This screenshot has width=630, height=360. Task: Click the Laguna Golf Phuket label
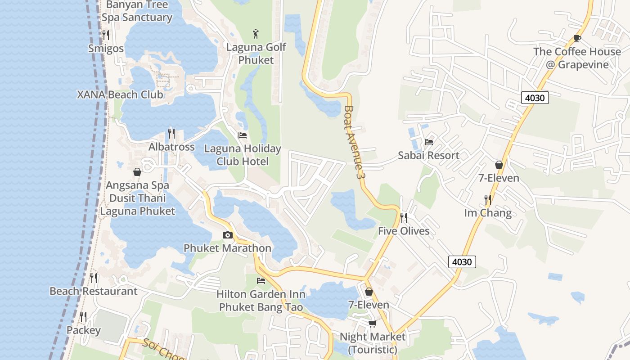256,53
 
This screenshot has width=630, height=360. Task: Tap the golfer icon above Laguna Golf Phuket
256,33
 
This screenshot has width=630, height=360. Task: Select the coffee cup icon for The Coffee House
577,38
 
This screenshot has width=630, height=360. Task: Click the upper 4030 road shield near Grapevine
535,97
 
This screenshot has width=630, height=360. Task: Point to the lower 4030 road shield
462,261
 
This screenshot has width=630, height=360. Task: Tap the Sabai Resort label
428,155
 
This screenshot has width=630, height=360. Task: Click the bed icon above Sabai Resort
428,142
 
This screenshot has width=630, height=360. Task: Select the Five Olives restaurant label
404,231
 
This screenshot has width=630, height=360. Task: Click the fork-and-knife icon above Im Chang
488,199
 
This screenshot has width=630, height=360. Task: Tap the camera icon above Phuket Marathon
227,235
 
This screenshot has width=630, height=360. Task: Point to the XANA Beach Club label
120,94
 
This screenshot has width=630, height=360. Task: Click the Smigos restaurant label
106,48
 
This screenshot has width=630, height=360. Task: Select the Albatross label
171,147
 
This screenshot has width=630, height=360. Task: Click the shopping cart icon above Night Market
372,324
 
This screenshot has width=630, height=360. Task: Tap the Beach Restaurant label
93,291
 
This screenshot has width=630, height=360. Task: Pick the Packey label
84,330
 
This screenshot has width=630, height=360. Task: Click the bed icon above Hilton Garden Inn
261,281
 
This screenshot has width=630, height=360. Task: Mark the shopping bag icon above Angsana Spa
137,172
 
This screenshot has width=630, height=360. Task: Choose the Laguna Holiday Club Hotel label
243,155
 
